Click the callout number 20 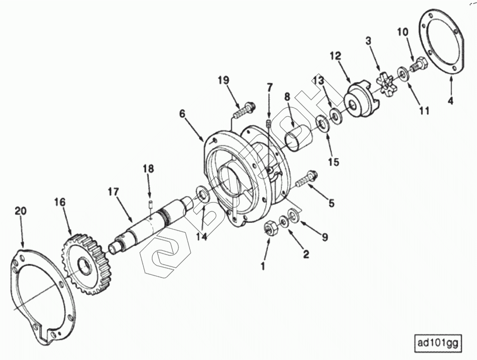[x=21, y=211]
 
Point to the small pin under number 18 [x=150, y=205]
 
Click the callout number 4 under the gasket [x=450, y=101]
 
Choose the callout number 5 [x=331, y=203]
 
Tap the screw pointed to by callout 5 [x=306, y=180]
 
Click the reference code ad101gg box [x=438, y=344]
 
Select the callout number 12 [x=336, y=56]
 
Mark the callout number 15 [x=334, y=162]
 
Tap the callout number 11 [x=424, y=111]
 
